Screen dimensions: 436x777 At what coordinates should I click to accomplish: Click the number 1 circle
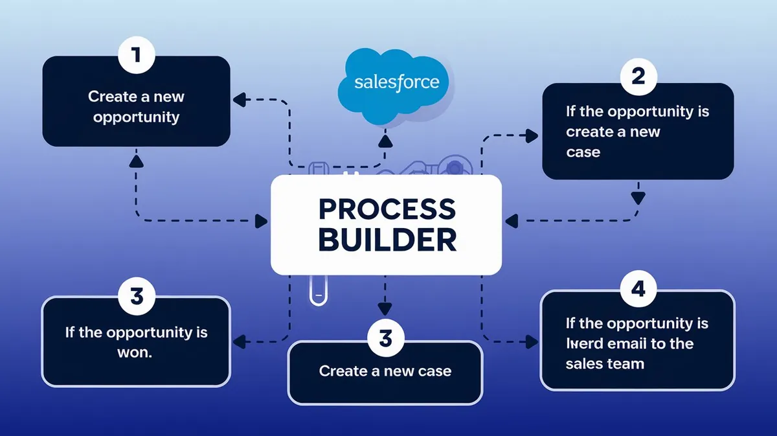pyautogui.click(x=136, y=55)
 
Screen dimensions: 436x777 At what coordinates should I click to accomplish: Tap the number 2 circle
pyautogui.click(x=638, y=77)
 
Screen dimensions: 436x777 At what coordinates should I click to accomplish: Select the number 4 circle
pyautogui.click(x=638, y=289)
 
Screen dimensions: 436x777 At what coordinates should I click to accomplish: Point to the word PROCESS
pyautogui.click(x=387, y=209)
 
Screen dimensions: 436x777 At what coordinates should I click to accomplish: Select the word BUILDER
pyautogui.click(x=387, y=239)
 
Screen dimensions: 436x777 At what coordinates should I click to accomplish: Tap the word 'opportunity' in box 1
pyautogui.click(x=136, y=117)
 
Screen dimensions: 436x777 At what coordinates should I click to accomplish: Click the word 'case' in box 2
pyautogui.click(x=583, y=152)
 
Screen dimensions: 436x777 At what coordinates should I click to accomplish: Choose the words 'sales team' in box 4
pyautogui.click(x=604, y=363)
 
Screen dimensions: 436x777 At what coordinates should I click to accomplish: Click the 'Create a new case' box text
pyautogui.click(x=385, y=371)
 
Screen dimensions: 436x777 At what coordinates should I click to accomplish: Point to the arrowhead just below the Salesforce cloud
pyautogui.click(x=385, y=138)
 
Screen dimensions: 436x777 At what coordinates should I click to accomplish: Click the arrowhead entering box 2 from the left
pyautogui.click(x=532, y=135)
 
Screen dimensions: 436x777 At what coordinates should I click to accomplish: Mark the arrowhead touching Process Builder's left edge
pyautogui.click(x=262, y=222)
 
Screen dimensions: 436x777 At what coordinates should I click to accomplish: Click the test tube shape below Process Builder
pyautogui.click(x=317, y=289)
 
